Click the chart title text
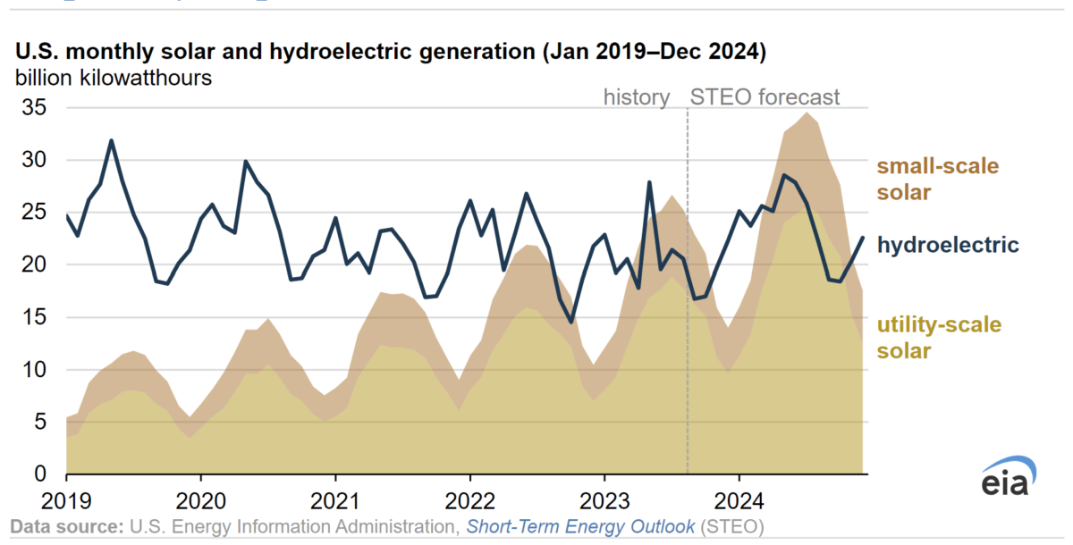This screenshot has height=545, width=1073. (x=390, y=52)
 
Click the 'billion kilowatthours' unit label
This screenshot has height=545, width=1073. (x=113, y=78)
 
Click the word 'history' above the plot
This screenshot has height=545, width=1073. (x=637, y=97)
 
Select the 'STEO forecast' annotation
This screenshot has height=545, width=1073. (x=766, y=97)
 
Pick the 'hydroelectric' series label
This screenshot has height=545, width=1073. (x=948, y=244)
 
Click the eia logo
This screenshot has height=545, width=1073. (x=1009, y=479)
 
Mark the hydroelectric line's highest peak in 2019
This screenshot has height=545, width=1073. (x=111, y=140)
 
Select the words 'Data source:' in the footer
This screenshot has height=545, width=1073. (x=66, y=526)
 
